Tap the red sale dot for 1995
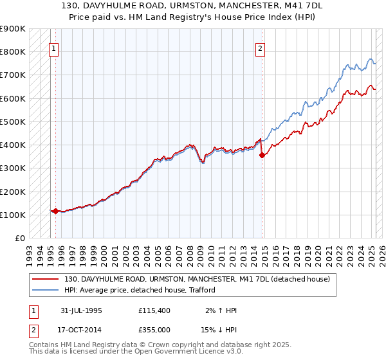click(55, 211)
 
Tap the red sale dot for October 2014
click(262, 155)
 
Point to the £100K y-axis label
click(14, 215)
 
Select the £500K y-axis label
click(14, 122)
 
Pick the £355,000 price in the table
click(155, 330)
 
